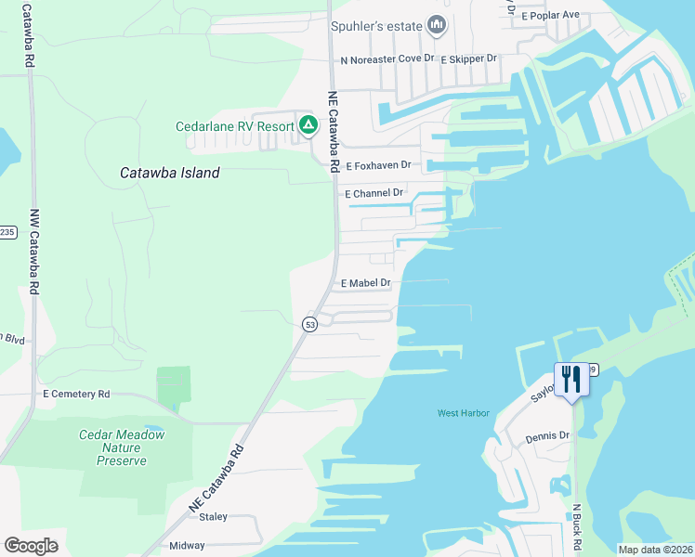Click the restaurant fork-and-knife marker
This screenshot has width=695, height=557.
point(571,379)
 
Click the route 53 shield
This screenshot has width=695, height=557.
point(309,323)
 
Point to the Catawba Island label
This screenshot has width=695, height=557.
point(171,173)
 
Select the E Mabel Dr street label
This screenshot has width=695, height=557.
point(366,283)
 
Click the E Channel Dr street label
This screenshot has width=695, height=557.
point(374,194)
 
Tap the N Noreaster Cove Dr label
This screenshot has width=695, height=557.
point(387,58)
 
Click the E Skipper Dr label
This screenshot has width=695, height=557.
point(469,58)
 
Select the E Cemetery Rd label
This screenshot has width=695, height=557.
point(76,395)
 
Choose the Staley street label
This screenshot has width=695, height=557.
point(214,517)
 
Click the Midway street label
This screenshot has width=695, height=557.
point(187,546)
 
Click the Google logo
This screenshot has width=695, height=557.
point(32,546)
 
